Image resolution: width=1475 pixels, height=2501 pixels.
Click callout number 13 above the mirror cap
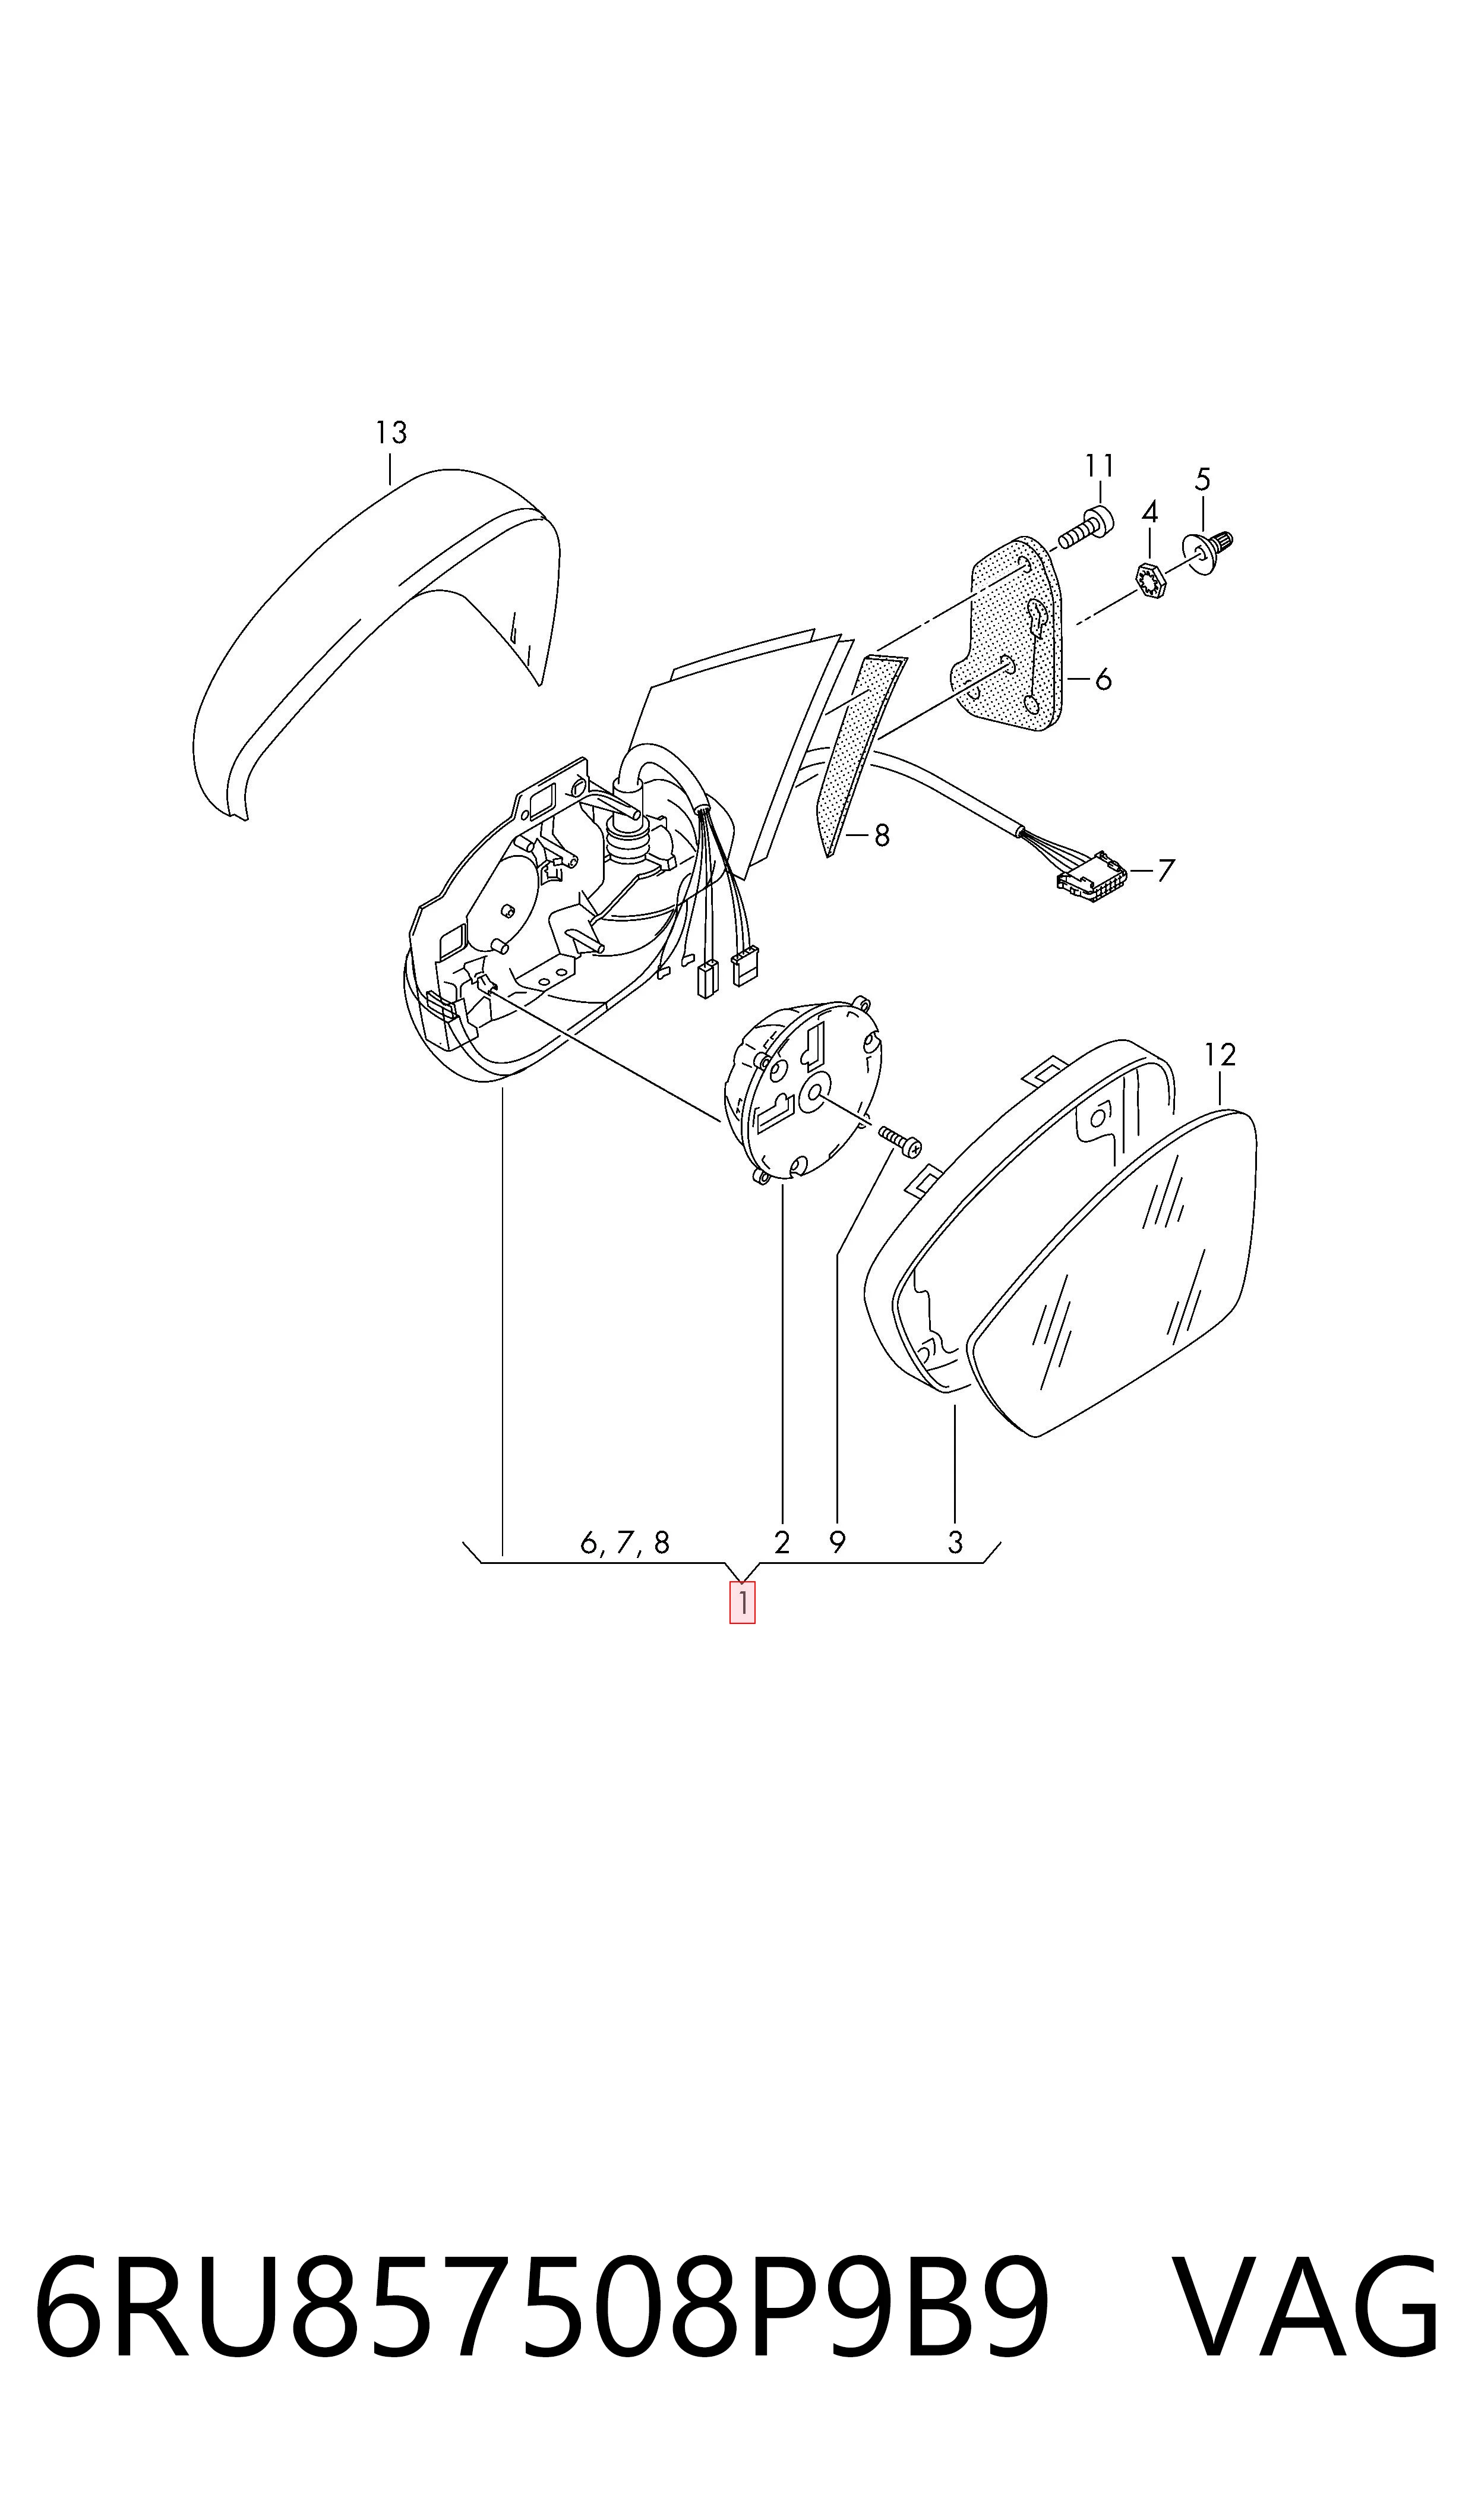click(391, 433)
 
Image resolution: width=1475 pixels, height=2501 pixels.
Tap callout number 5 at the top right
click(1203, 480)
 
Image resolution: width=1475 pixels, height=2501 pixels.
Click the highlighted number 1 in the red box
click(743, 1603)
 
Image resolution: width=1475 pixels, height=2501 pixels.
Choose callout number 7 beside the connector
click(1166, 871)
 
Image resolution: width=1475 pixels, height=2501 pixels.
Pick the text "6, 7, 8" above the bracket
click(625, 1542)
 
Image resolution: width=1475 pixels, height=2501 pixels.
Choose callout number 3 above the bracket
click(955, 1543)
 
